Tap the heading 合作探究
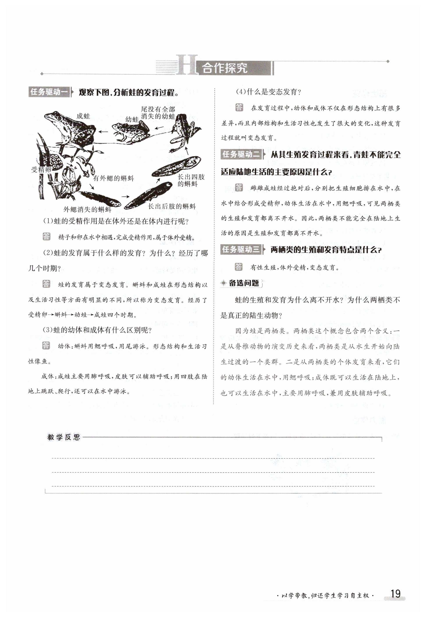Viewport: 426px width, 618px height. coord(225,68)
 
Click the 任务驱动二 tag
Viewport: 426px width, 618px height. coord(241,154)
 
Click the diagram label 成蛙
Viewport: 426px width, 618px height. coord(83,116)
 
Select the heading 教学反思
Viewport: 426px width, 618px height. coord(64,437)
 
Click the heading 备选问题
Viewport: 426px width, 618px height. coord(244,283)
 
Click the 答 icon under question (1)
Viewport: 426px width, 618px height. coord(46,237)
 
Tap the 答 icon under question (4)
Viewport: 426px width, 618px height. coord(239,107)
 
